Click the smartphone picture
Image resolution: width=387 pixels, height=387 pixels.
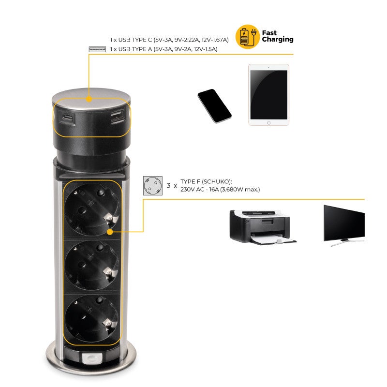214,106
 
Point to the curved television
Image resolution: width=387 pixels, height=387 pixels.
343,223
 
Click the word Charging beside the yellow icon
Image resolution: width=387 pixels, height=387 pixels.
278,40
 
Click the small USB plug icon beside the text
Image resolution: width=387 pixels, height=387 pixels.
97,49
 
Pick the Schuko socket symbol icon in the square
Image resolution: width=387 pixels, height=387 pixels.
152,186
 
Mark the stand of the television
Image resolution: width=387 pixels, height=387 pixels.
341,243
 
